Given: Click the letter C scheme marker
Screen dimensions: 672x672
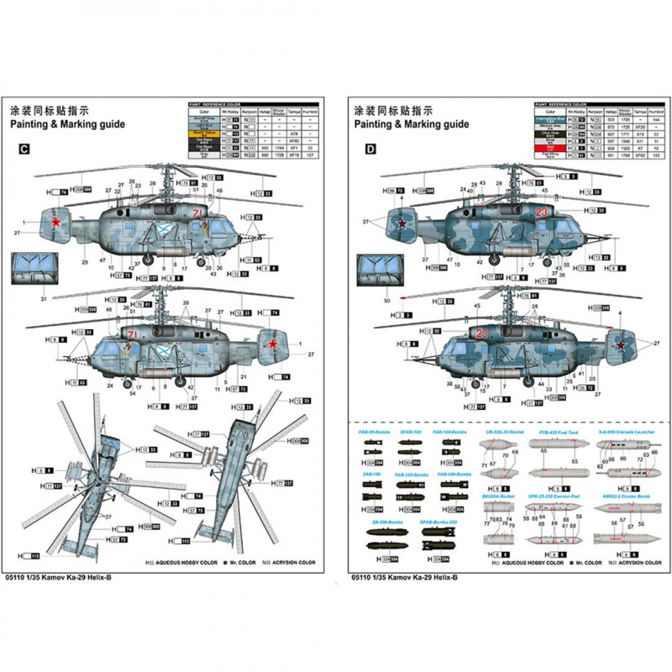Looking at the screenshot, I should [x=24, y=150].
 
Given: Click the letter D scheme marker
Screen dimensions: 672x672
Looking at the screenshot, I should [x=371, y=150].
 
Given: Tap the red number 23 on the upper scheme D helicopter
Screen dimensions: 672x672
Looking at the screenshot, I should [x=542, y=212].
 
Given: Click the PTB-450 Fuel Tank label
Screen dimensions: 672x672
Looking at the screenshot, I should [x=553, y=431].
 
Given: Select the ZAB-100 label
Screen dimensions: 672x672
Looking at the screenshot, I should [x=371, y=474].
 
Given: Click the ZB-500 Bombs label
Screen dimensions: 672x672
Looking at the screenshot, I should [x=383, y=522].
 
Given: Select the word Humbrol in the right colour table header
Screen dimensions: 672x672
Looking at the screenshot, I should [x=654, y=111].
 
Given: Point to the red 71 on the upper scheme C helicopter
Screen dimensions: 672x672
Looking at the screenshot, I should [x=197, y=214].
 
